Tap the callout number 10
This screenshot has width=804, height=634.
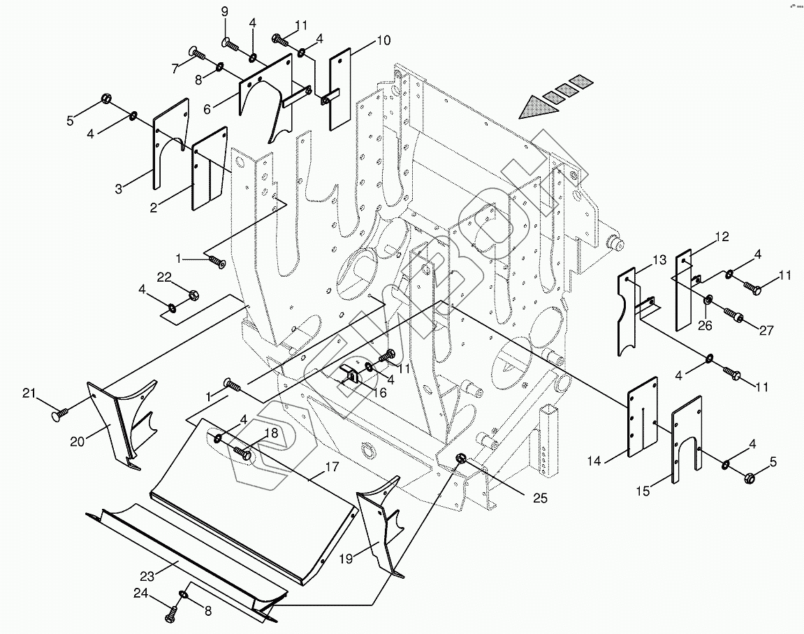[x=383, y=40]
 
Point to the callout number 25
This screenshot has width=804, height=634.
[x=539, y=498]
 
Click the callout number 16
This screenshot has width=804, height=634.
[x=380, y=394]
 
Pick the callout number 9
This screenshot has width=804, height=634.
[x=225, y=12]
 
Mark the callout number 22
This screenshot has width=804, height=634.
[x=163, y=277]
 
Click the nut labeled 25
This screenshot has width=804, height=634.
[x=462, y=459]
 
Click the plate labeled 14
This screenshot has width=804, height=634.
[x=643, y=417]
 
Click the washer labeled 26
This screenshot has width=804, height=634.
[x=708, y=301]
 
